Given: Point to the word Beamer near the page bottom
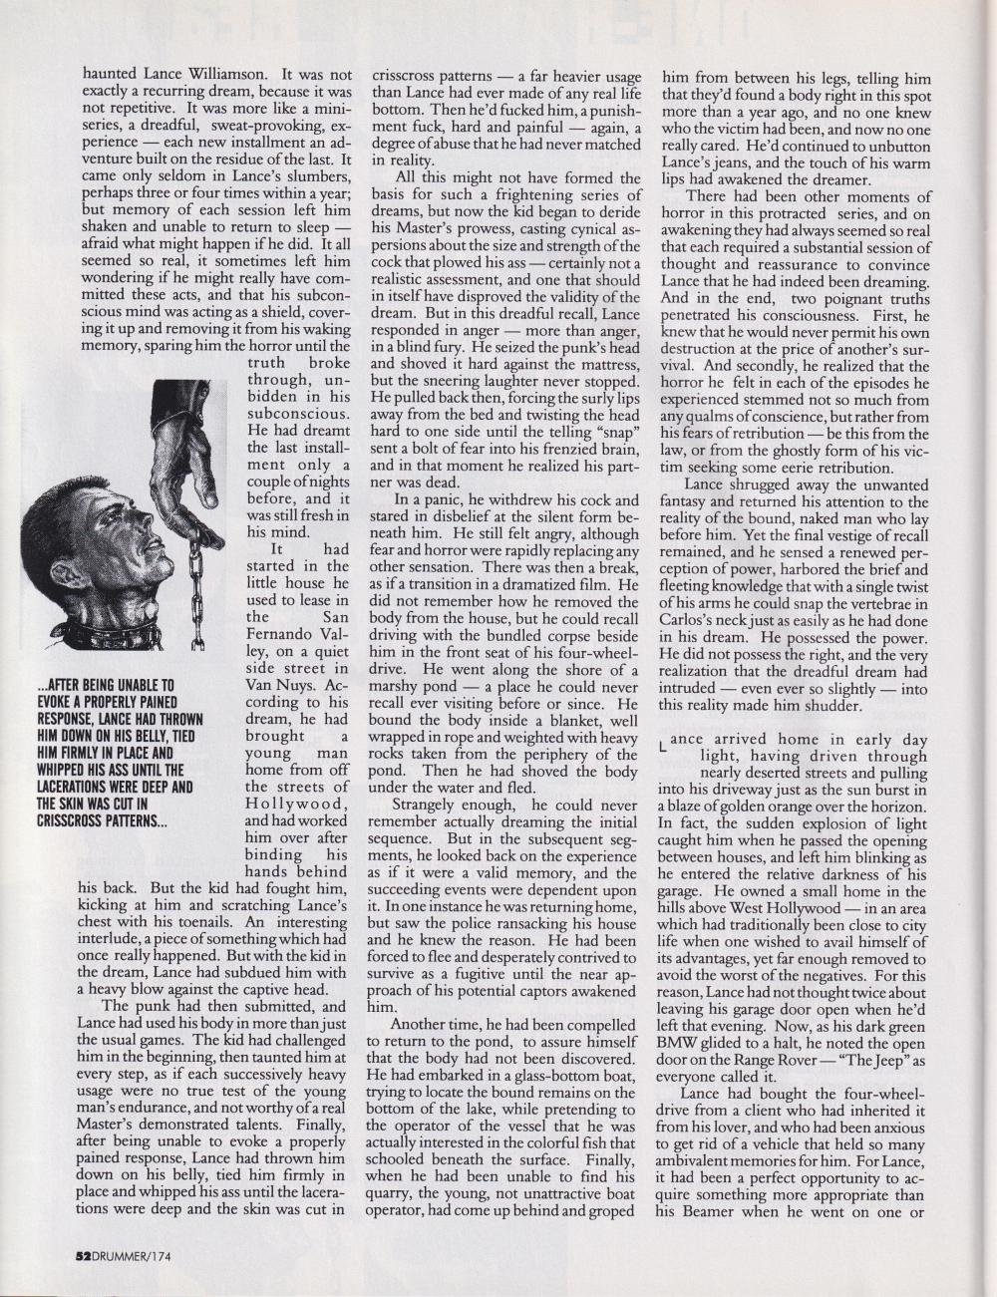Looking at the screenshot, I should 691,1213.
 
